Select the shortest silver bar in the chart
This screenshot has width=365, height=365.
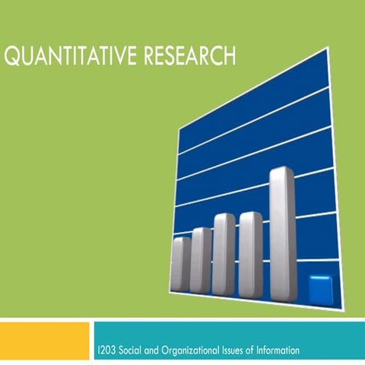tap(181, 263)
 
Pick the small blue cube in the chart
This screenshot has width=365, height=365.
tap(320, 289)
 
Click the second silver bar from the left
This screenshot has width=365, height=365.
tap(202, 259)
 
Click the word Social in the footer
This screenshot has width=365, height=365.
tap(133, 351)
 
